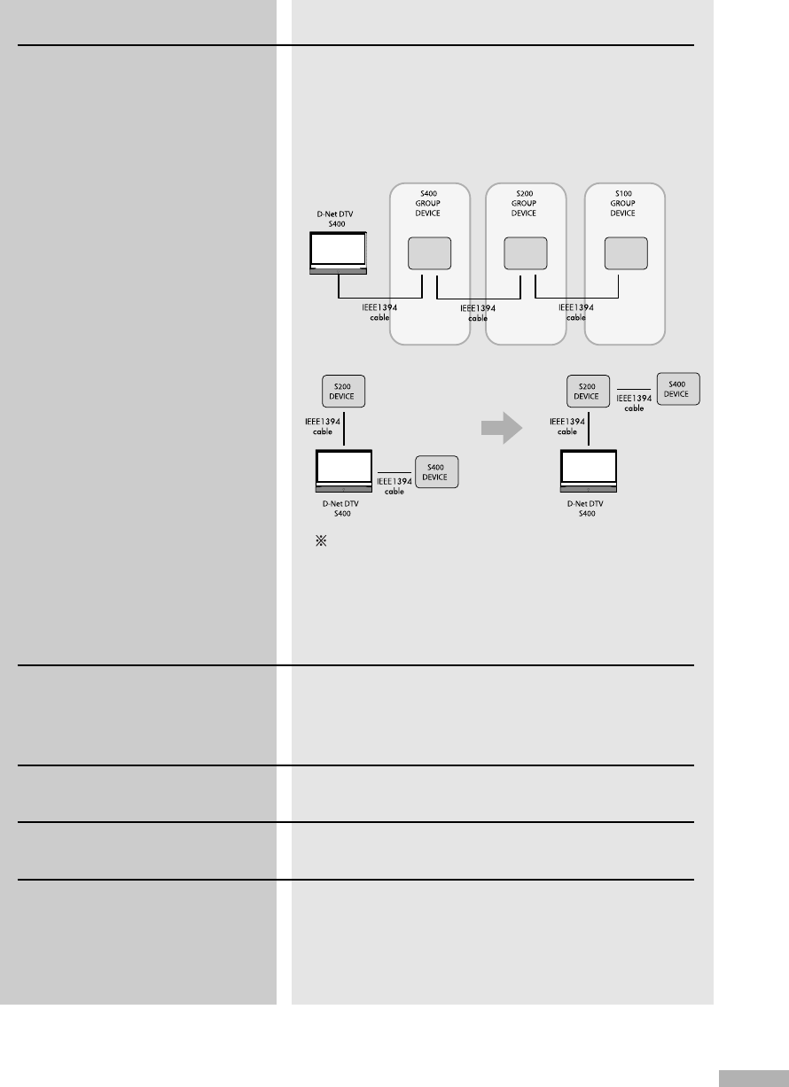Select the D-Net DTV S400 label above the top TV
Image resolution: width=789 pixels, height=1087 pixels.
click(338, 216)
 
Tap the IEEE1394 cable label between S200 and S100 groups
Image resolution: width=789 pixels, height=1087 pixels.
click(575, 312)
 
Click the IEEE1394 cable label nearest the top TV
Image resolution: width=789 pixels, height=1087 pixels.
click(379, 312)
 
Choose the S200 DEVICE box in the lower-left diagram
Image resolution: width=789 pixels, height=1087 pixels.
click(343, 392)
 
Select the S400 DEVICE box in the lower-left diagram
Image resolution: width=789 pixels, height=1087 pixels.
click(436, 472)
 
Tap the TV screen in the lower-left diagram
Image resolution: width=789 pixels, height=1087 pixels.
click(344, 467)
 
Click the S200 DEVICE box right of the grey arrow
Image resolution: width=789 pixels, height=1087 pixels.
click(589, 392)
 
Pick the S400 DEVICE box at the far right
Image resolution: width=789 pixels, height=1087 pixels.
click(677, 389)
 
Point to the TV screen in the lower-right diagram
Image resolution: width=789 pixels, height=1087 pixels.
click(589, 467)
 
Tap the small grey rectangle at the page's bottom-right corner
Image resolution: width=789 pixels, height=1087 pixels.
click(752, 1078)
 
